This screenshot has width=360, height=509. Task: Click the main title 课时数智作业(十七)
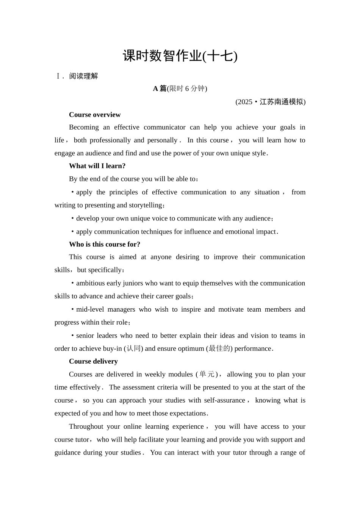(x=180, y=56)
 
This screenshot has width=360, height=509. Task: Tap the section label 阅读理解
(x=83, y=76)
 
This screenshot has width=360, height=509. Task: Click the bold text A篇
(x=160, y=89)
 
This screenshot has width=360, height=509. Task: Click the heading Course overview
(x=95, y=115)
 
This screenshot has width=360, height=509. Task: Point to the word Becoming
(x=82, y=127)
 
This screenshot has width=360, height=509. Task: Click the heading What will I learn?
(x=97, y=166)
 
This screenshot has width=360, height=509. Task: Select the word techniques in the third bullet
(x=158, y=232)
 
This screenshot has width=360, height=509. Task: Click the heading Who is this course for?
(x=105, y=244)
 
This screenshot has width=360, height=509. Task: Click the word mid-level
(x=90, y=309)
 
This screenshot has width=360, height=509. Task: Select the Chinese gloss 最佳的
(x=219, y=348)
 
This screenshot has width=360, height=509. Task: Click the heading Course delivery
(x=93, y=361)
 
